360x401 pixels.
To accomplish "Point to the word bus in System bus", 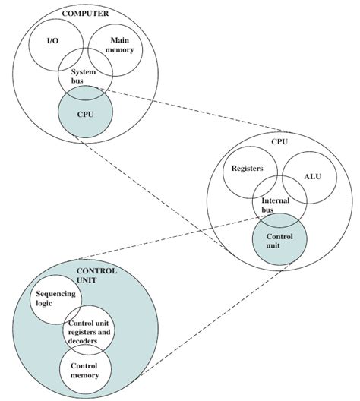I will click(x=79, y=82).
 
